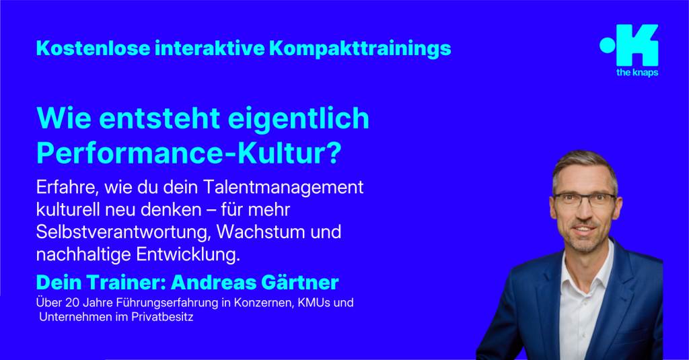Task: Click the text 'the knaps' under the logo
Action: click(x=637, y=73)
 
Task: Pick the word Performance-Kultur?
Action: click(x=188, y=153)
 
